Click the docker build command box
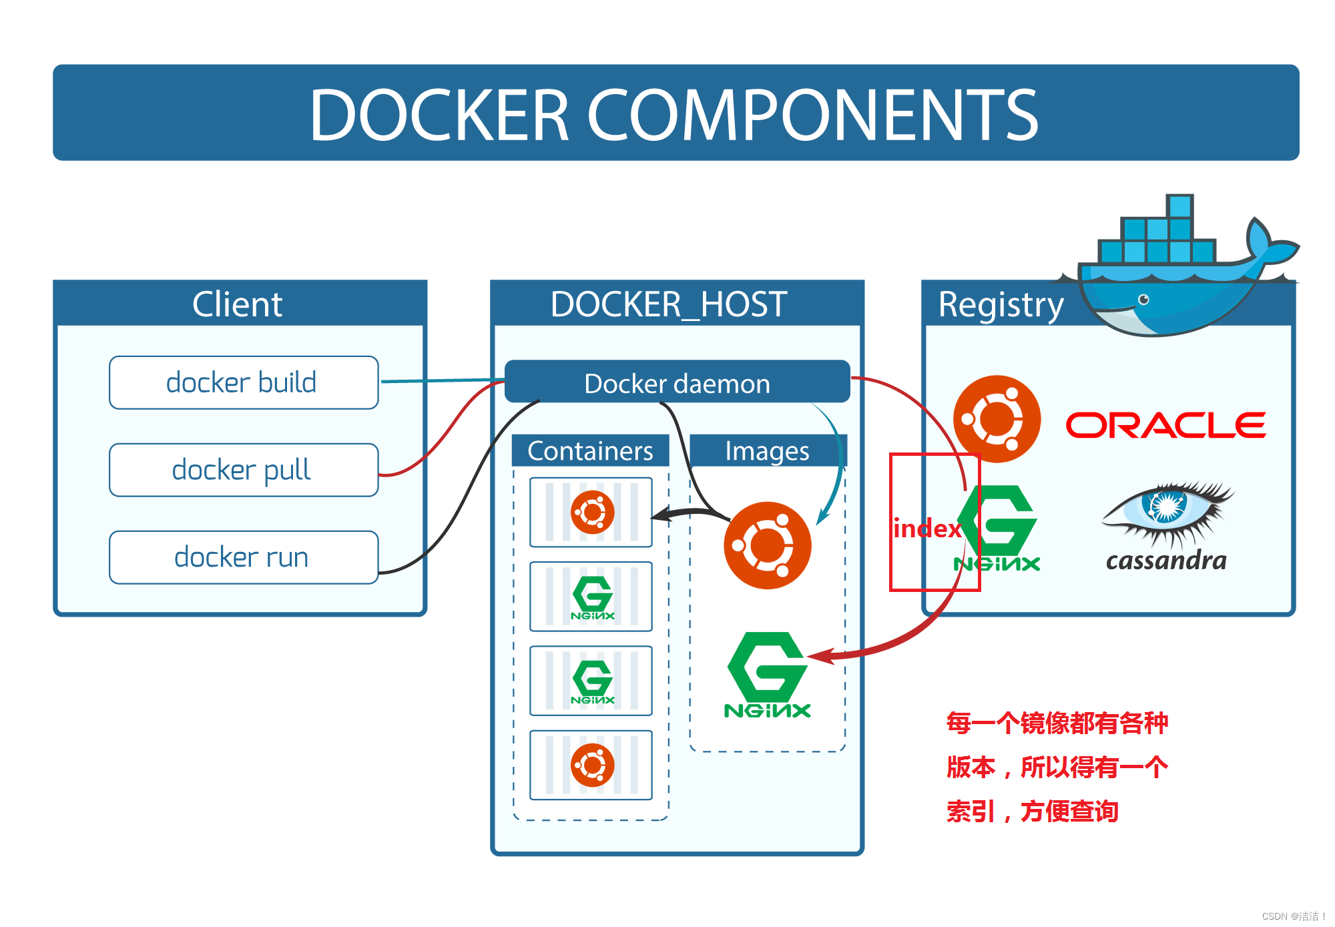point(244,382)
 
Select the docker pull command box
point(244,470)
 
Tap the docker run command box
point(244,557)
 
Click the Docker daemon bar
point(677,382)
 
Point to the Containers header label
point(590,451)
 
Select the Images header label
point(767,451)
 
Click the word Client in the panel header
point(238,304)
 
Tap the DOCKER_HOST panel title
point(669,304)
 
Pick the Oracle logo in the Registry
point(1165,425)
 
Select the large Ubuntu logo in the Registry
point(997,419)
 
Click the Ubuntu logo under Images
point(768,545)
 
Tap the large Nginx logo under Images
point(768,674)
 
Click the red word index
point(926,529)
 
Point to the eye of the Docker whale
point(1143,299)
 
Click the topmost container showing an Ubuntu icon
point(591,513)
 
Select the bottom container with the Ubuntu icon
point(591,765)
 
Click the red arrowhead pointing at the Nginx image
point(820,656)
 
